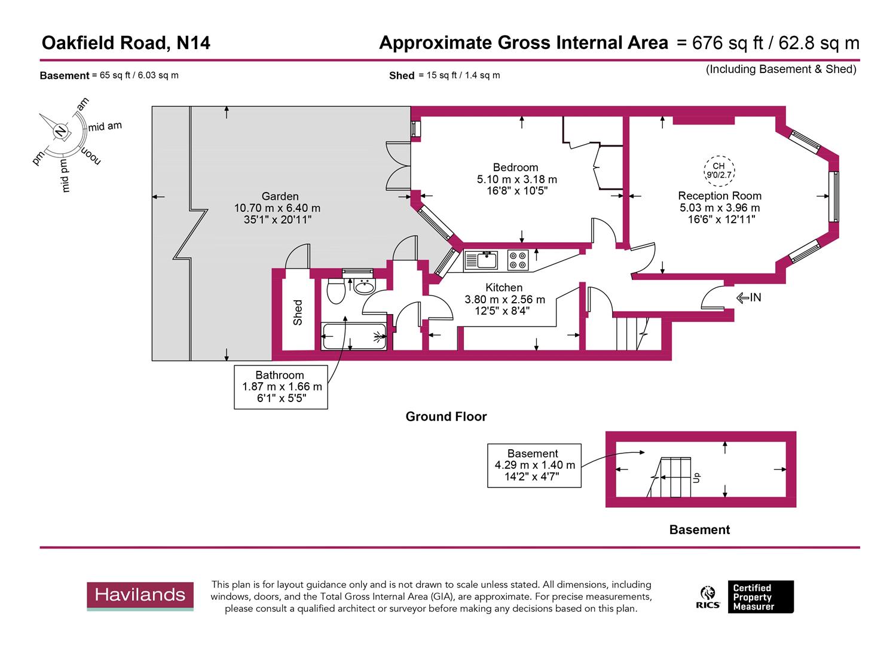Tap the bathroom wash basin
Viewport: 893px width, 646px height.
pos(363,287)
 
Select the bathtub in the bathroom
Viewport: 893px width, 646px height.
pos(354,336)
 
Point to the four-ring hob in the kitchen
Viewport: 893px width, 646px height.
pos(518,260)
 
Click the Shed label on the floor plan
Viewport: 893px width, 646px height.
pos(298,312)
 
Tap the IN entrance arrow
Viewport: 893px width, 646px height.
pos(749,297)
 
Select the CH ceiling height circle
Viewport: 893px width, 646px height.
pos(718,170)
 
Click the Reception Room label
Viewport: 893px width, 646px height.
pos(720,196)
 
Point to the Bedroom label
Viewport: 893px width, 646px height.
pos(515,167)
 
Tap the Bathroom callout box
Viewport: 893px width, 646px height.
pos(281,387)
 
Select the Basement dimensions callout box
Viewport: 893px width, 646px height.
pos(534,465)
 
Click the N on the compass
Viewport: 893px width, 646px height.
pos(60,131)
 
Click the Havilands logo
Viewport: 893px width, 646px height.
pos(140,596)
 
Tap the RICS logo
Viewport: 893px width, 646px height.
pos(708,596)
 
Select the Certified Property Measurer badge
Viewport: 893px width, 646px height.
pos(760,597)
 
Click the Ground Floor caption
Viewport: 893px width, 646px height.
pos(446,416)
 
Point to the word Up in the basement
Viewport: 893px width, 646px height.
pos(696,477)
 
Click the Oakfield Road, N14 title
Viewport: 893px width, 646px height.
pos(126,43)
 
